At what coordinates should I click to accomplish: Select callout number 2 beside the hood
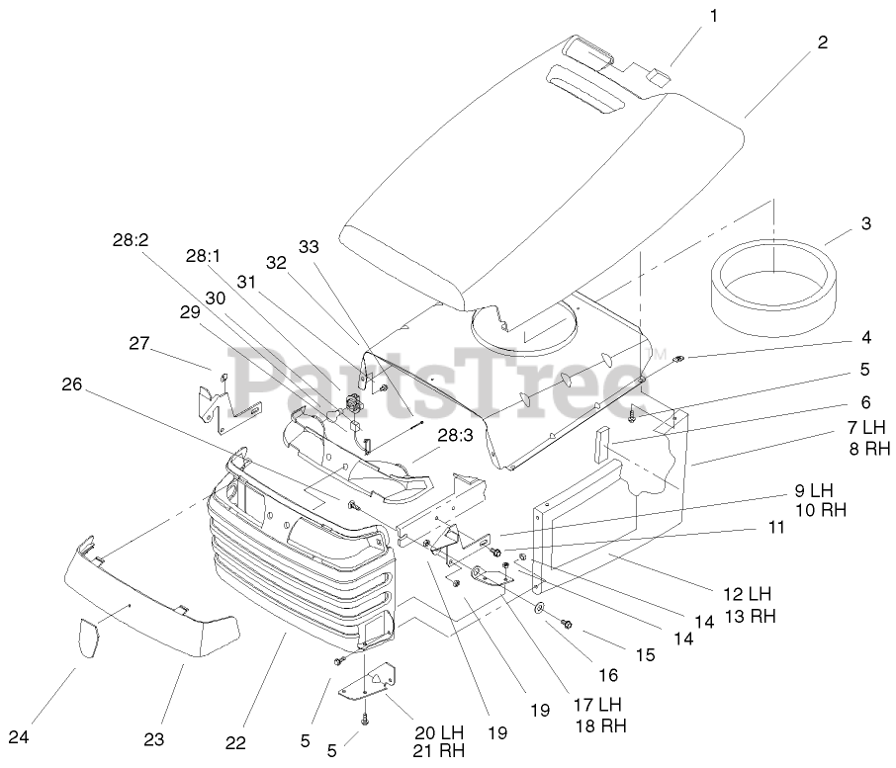tap(822, 43)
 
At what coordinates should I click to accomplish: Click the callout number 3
tap(865, 223)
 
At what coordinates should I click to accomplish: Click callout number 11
tap(776, 528)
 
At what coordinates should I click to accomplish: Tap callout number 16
tap(607, 675)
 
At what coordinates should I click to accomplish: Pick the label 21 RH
tap(438, 751)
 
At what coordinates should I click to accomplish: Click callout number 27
tap(139, 343)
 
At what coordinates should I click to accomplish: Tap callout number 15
tap(645, 654)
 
